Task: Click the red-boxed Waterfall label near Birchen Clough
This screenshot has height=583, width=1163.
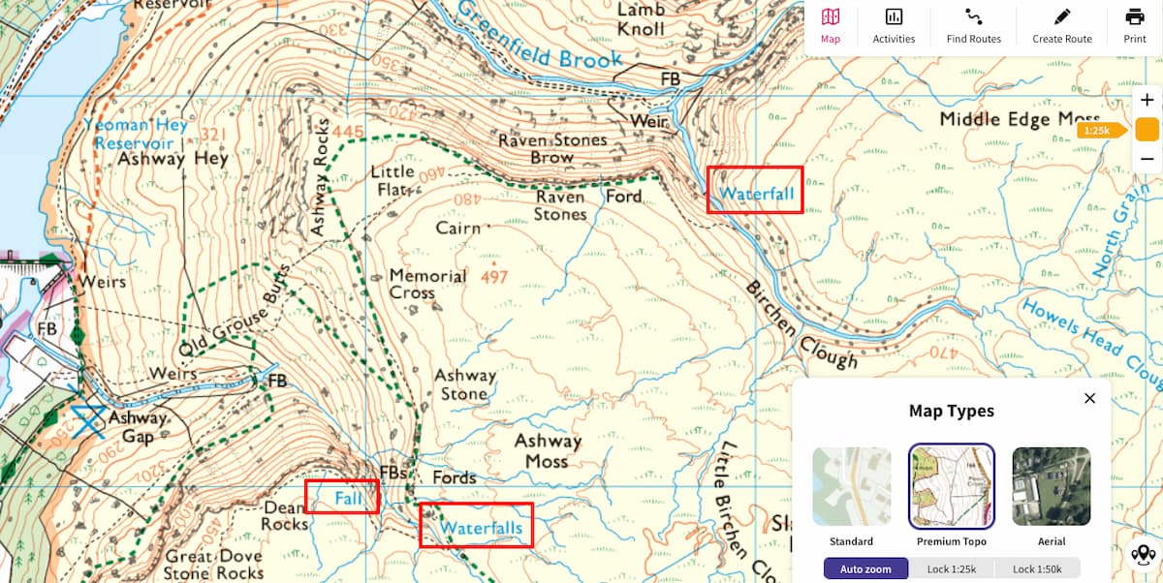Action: [755, 194]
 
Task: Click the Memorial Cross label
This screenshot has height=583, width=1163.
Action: [427, 284]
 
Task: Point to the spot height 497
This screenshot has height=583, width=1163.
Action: [493, 278]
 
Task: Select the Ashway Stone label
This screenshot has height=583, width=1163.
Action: [464, 384]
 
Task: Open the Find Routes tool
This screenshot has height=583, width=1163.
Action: [973, 26]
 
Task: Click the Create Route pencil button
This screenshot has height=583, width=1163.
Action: [1061, 26]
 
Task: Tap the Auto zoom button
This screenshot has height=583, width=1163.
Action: [865, 568]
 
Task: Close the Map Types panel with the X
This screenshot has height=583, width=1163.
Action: [1089, 398]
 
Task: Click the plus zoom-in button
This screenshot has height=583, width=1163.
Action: [1147, 101]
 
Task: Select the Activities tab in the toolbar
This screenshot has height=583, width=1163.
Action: [894, 26]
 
